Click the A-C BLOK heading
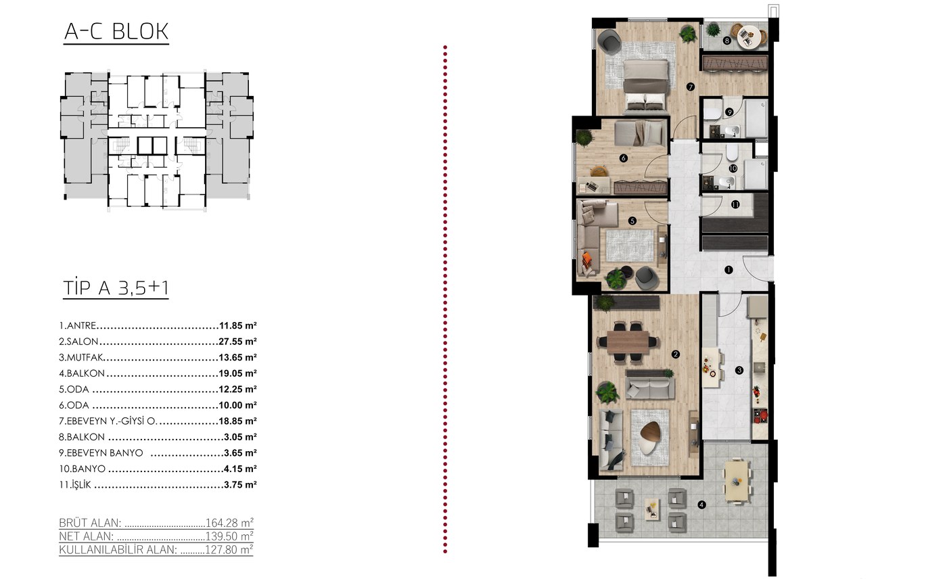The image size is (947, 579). (116, 32)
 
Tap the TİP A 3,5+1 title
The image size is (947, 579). (116, 287)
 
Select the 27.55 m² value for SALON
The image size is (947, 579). (237, 342)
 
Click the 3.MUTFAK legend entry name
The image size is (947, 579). (80, 358)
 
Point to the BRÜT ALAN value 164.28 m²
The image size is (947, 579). (229, 523)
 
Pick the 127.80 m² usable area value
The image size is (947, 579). (229, 549)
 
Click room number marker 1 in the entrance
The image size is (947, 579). (729, 270)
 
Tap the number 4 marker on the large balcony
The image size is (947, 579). (702, 505)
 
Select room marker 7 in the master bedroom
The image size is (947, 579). (691, 87)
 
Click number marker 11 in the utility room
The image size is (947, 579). (735, 204)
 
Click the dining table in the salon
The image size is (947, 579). (628, 342)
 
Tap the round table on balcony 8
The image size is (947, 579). (748, 37)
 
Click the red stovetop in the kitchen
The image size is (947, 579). (760, 415)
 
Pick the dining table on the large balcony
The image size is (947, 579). (737, 481)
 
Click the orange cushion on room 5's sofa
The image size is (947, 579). (587, 258)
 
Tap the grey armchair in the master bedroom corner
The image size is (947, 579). (609, 40)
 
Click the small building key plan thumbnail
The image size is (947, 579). (157, 141)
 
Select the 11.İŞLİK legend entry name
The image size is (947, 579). (75, 485)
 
